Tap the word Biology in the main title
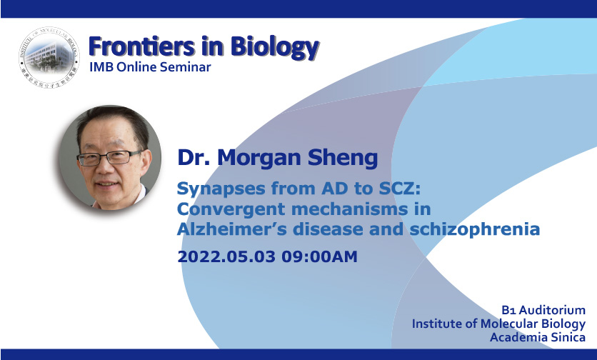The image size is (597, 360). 274,48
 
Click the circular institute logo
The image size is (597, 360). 49,57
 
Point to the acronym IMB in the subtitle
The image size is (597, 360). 101,67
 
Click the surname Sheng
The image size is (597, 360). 343,158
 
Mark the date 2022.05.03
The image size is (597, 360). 226,256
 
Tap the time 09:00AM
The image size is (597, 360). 319,256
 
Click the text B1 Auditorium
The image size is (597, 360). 543,310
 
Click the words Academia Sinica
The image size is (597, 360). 538,338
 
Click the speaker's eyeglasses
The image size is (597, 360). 110,157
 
